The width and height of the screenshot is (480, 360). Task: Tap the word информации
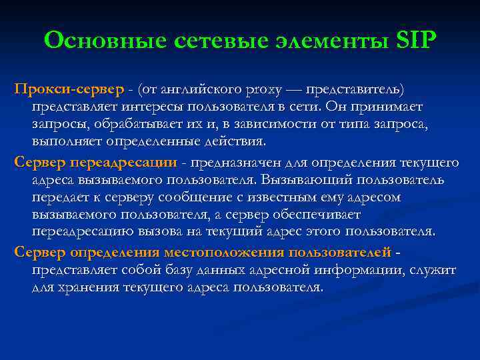[360, 270]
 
